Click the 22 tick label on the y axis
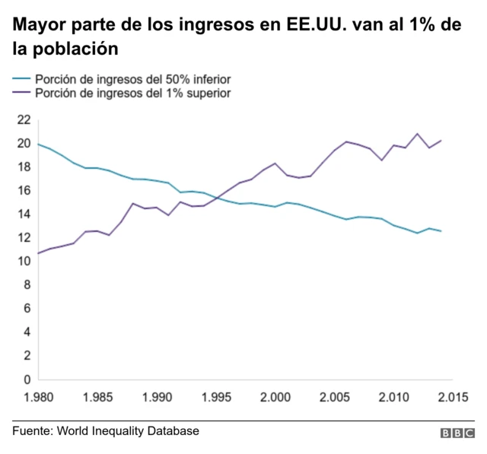point(24,119)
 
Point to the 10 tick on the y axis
point(24,261)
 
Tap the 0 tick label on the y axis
point(27,379)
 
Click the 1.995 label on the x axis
point(216,397)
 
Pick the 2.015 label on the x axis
point(452,397)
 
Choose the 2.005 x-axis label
point(334,397)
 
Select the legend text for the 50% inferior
point(133,78)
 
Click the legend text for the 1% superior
point(133,93)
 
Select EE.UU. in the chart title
point(314,27)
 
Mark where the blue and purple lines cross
point(218,198)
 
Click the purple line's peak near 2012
point(417,134)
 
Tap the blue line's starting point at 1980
point(38,144)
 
